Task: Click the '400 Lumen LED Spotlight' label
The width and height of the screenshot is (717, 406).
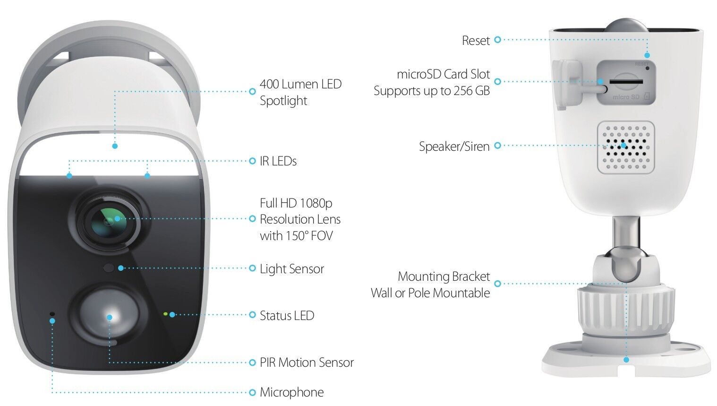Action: tap(300, 92)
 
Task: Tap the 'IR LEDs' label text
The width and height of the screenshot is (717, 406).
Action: tap(278, 161)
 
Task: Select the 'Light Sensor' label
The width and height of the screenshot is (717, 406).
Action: tap(291, 269)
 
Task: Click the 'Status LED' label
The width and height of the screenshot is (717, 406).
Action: tap(287, 316)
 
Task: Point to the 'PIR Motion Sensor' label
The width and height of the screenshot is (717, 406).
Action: tap(307, 363)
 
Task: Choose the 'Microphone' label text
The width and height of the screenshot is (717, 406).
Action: tap(291, 392)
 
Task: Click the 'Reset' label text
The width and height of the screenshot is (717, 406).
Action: tap(476, 41)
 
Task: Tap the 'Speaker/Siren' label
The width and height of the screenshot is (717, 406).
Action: tap(454, 147)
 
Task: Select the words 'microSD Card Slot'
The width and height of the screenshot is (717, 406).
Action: tap(443, 74)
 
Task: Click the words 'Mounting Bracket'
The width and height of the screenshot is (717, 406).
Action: tap(444, 276)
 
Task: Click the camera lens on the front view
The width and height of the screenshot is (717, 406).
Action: tap(108, 220)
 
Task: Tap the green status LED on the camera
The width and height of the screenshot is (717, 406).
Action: tap(165, 313)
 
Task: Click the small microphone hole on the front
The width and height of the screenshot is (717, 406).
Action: tap(52, 314)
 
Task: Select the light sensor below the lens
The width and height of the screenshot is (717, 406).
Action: tap(109, 268)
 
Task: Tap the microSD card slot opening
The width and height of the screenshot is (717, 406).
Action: tap(626, 82)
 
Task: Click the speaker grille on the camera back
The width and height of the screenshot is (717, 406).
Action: tap(626, 147)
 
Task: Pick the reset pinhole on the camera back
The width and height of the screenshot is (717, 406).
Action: tap(647, 68)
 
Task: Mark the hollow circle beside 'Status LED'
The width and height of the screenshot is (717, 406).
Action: tap(252, 315)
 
